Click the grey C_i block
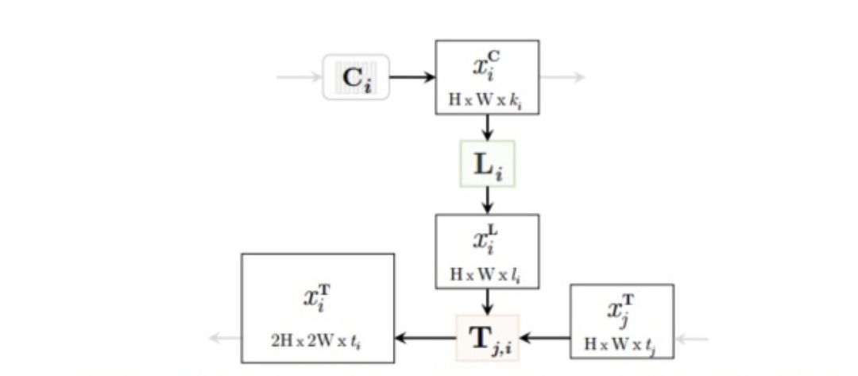(x=356, y=77)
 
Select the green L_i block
(x=488, y=164)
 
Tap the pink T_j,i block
(x=488, y=338)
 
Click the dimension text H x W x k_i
(x=487, y=102)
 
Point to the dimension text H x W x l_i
(x=487, y=274)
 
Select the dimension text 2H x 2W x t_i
(x=317, y=339)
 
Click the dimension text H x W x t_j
(x=621, y=345)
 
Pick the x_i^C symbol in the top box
(x=487, y=65)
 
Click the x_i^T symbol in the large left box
(x=316, y=297)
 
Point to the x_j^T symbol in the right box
(x=621, y=310)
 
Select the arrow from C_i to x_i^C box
(x=412, y=77)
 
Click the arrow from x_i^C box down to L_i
(x=488, y=127)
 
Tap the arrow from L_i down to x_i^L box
(x=488, y=200)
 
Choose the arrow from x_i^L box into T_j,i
(x=488, y=301)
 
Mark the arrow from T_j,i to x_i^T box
(x=425, y=339)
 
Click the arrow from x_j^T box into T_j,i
(x=545, y=339)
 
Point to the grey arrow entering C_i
(x=298, y=77)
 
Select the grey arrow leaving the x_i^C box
(x=562, y=77)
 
